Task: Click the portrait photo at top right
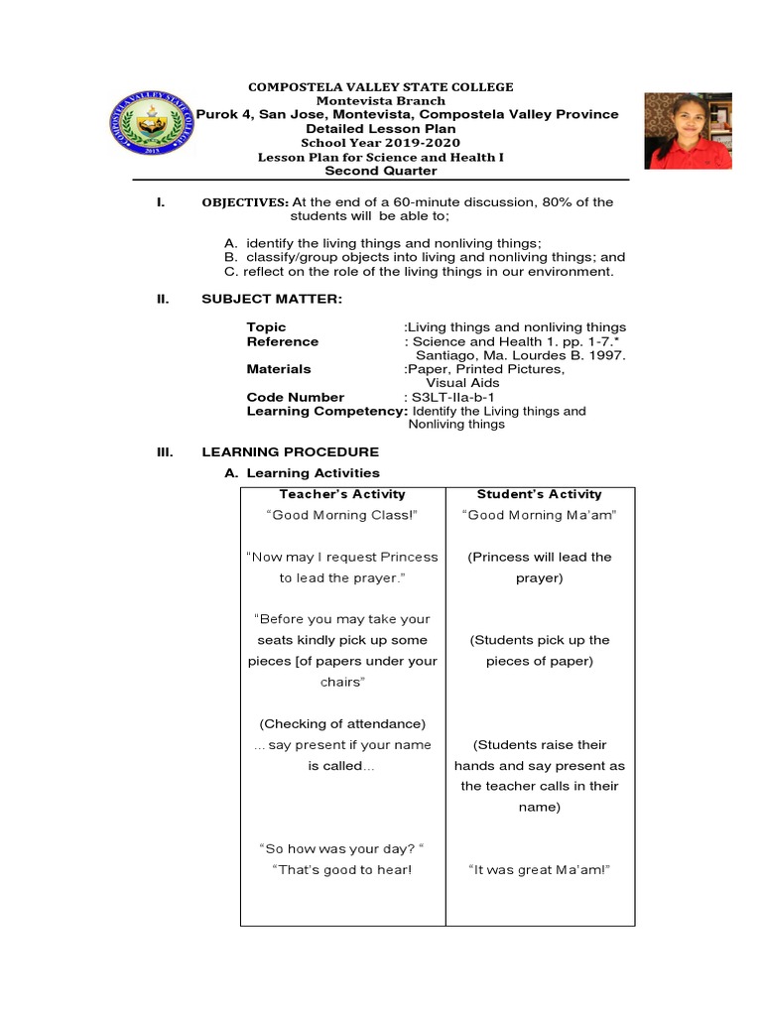(x=688, y=130)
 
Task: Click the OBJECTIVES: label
(x=245, y=202)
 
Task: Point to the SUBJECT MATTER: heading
(x=271, y=299)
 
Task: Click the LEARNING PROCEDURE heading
(x=290, y=451)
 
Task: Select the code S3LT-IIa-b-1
(x=449, y=397)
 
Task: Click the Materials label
(x=279, y=369)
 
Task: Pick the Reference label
(x=283, y=341)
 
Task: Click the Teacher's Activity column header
(x=342, y=494)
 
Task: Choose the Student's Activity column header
(x=539, y=494)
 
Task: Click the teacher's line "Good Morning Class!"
(x=342, y=515)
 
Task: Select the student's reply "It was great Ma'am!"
(x=539, y=870)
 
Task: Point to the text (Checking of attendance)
(x=342, y=723)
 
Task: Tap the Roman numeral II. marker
(x=164, y=299)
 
